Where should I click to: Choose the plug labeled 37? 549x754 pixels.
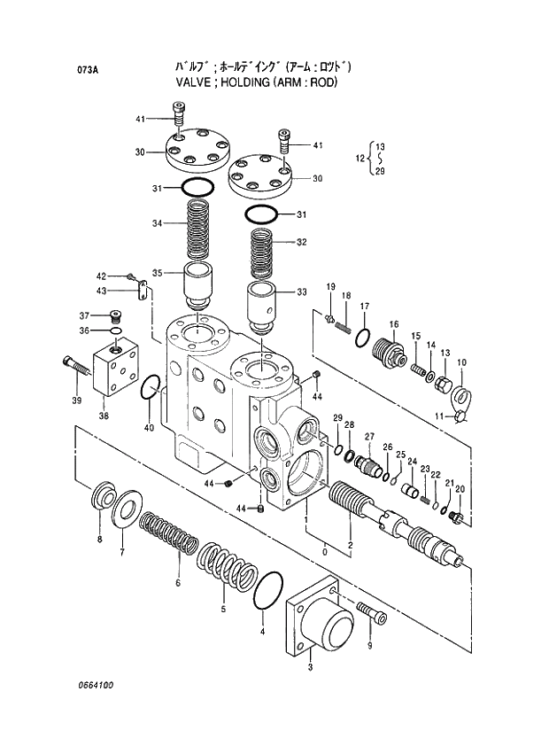click(115, 315)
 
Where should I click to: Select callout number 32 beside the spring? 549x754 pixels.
click(301, 242)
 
